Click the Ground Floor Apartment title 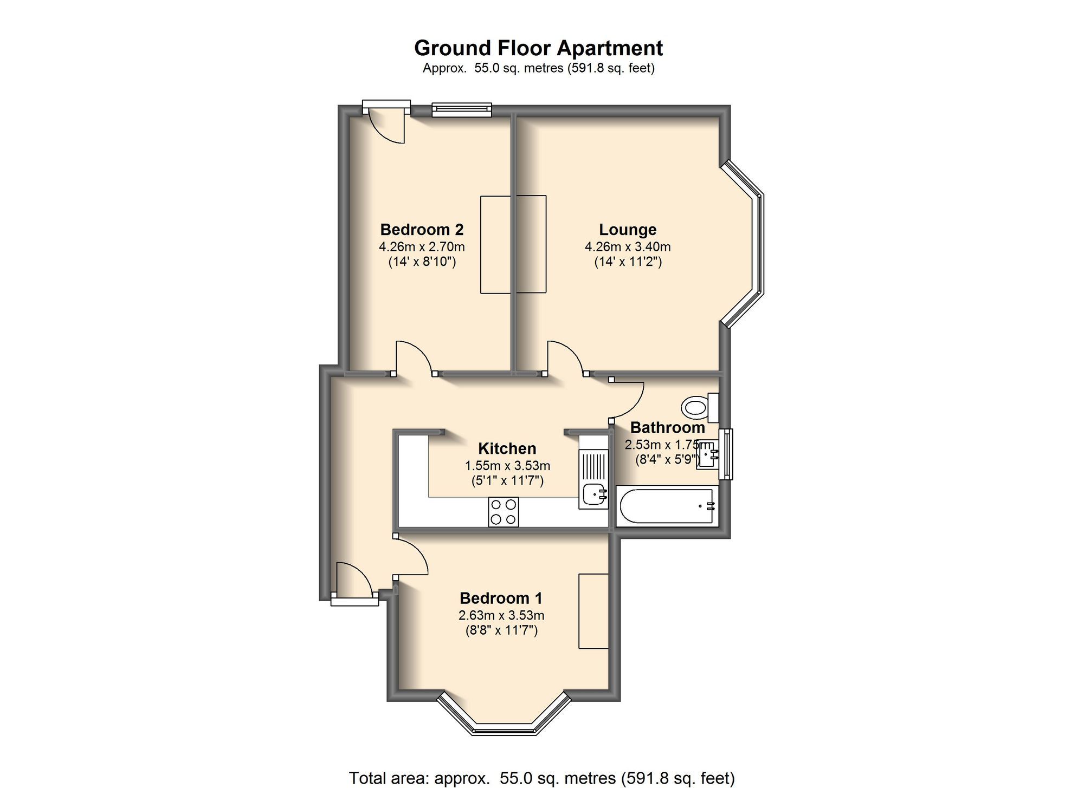point(538,48)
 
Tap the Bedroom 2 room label point(422,230)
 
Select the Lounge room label point(628,230)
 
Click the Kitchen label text point(507,448)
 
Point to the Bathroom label point(667,428)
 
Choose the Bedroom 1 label point(501,598)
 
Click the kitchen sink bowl point(595,494)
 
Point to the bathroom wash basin point(708,454)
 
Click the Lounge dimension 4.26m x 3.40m point(628,247)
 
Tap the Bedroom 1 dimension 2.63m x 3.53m point(501,615)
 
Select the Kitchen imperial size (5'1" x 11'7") point(507,480)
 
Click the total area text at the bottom point(541,778)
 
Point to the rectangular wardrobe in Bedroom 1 point(593,611)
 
